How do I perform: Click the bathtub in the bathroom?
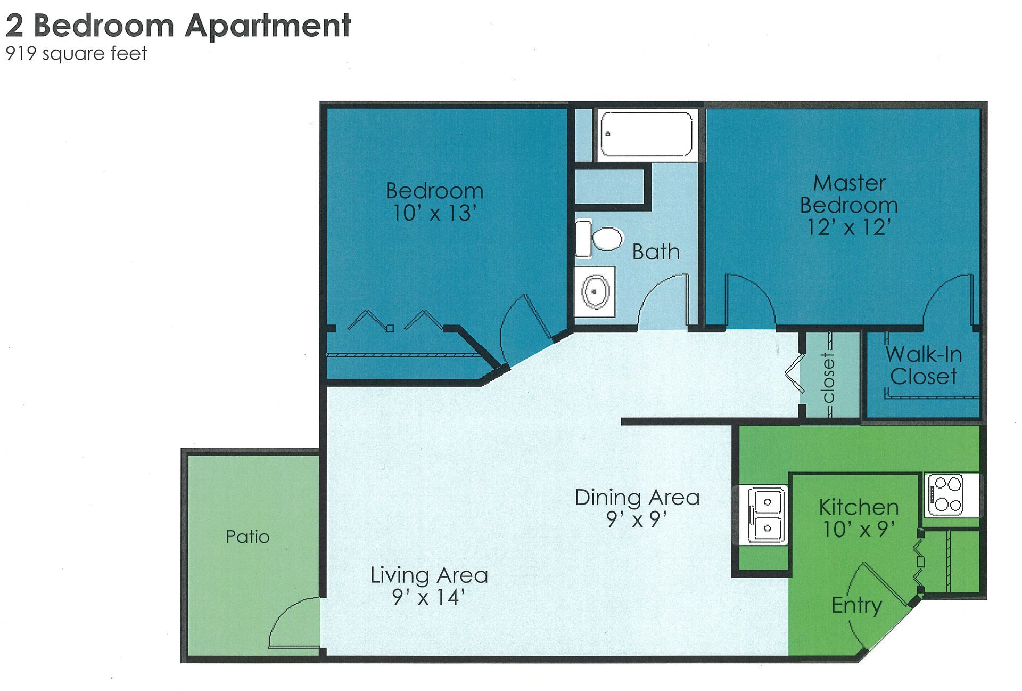point(646,134)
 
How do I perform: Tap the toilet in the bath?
point(600,239)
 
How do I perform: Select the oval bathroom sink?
point(595,292)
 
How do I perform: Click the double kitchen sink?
point(767,515)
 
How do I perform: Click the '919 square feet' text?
point(76,54)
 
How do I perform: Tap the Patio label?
point(248,536)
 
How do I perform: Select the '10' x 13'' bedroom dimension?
point(434,213)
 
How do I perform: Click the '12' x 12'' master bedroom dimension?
point(848,227)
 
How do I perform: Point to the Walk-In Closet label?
point(924,365)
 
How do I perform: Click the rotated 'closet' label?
point(828,378)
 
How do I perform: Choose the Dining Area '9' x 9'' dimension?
point(637,519)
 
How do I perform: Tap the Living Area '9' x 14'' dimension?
point(428,597)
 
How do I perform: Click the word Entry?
point(856,605)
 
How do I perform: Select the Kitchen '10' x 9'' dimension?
point(859,529)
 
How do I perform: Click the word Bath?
point(656,252)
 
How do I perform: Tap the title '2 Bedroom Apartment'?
point(178,25)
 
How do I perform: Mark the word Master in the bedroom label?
point(849,183)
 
